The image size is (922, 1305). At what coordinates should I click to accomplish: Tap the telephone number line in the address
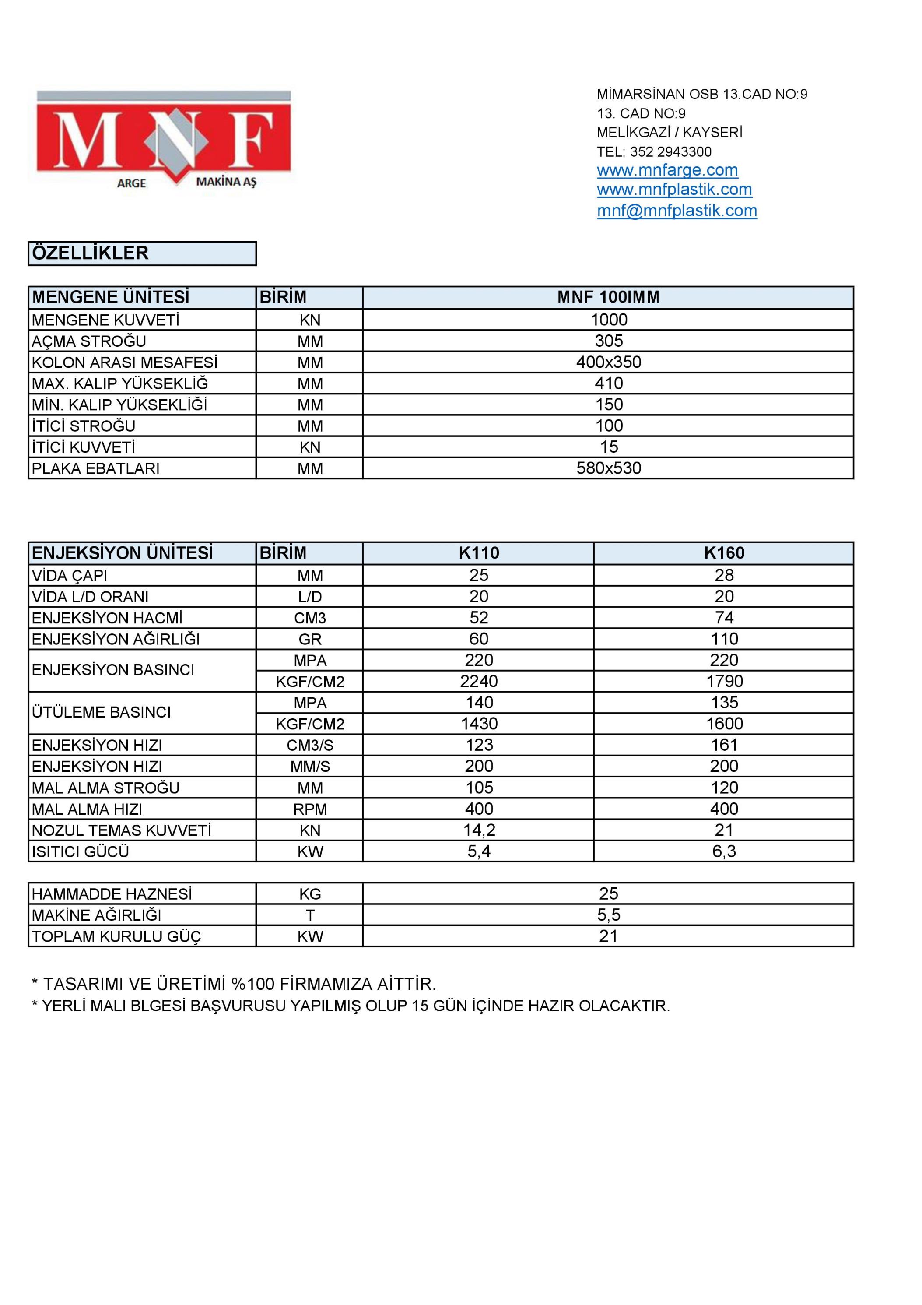[x=654, y=152]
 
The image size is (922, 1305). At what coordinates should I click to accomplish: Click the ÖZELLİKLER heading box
[x=142, y=253]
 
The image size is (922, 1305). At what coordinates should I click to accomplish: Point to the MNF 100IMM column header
[x=608, y=297]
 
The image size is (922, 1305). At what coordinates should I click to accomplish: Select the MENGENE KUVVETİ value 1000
[x=608, y=320]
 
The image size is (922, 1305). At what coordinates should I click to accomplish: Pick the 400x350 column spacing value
[x=608, y=362]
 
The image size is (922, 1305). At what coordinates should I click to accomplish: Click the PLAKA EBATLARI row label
[x=95, y=468]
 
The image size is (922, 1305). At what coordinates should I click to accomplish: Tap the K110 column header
[x=478, y=553]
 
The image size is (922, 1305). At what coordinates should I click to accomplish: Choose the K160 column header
[x=724, y=553]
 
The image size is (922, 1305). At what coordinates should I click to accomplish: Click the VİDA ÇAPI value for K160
[x=724, y=575]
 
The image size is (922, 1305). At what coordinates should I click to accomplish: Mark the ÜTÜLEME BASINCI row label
[x=101, y=713]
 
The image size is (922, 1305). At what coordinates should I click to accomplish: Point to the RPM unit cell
[x=310, y=809]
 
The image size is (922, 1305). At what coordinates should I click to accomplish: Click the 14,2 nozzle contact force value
[x=478, y=830]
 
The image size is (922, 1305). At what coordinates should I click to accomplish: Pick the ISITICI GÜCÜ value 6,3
[x=724, y=851]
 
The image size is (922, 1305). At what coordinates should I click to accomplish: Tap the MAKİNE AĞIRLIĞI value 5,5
[x=608, y=915]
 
